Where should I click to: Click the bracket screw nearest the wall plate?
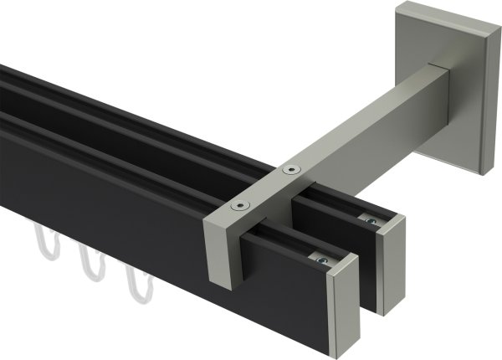coord(290,169)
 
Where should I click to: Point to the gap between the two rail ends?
coord(365,276)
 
